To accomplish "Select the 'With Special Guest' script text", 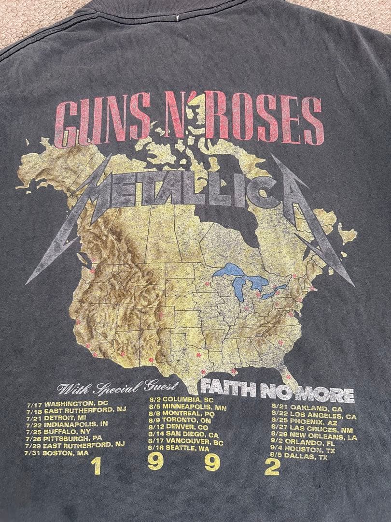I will [x=118, y=388].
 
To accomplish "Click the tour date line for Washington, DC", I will [x=70, y=403].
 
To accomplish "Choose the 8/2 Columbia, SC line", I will [x=181, y=400].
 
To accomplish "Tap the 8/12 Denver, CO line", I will [x=179, y=427].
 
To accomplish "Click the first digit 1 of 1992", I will [x=96, y=467].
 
